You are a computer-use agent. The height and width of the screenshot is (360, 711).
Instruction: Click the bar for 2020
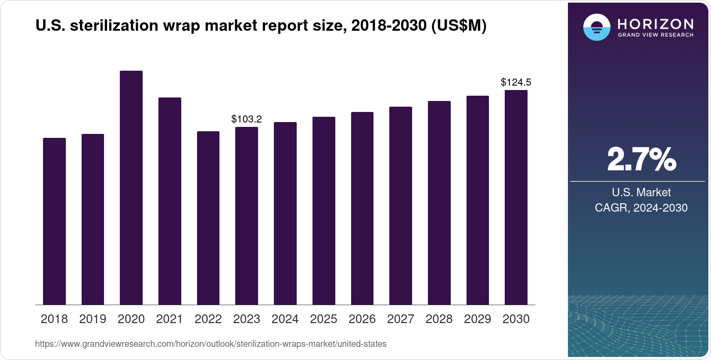click(131, 188)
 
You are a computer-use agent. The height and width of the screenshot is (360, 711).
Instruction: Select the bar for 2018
click(54, 221)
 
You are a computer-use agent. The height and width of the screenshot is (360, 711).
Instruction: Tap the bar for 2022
click(208, 218)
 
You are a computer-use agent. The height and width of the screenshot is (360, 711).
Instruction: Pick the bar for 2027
click(400, 206)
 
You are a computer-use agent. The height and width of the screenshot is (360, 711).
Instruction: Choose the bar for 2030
click(516, 198)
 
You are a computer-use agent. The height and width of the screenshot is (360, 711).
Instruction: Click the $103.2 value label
click(246, 119)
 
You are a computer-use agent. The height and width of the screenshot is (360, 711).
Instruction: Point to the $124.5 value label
click(516, 82)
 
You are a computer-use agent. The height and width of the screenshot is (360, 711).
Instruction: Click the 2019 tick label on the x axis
click(93, 319)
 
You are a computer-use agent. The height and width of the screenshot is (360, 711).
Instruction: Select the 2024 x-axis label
click(285, 319)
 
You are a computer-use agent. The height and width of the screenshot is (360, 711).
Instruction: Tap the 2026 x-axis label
click(362, 319)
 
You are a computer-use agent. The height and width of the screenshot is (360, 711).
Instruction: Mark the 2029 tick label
click(477, 319)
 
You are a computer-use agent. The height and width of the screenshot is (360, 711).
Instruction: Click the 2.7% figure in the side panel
click(641, 159)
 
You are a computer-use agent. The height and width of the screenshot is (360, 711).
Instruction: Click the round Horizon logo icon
click(596, 28)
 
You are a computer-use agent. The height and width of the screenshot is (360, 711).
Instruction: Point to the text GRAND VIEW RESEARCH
click(655, 35)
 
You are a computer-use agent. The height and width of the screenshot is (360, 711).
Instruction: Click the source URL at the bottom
click(211, 344)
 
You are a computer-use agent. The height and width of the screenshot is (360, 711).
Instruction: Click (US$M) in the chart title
click(459, 25)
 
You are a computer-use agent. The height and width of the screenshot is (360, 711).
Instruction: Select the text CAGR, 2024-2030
click(641, 208)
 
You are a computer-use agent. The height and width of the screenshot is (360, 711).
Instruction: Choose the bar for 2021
click(169, 201)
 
